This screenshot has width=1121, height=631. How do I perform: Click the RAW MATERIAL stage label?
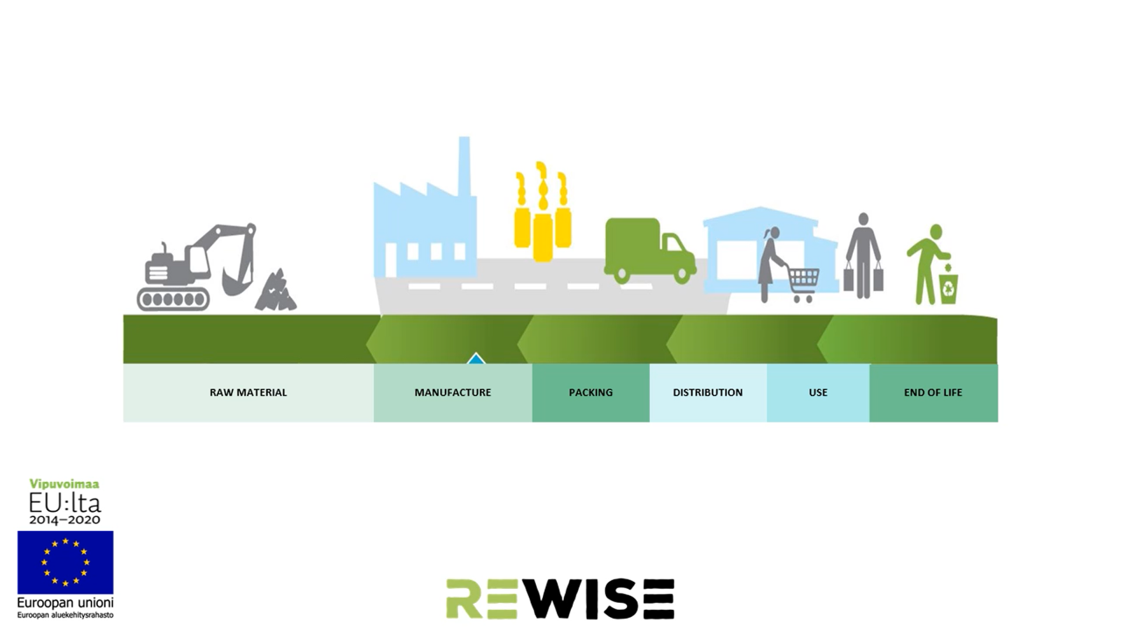248,393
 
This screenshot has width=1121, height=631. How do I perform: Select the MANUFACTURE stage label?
452,393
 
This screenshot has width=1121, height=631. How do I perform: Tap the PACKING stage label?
590,393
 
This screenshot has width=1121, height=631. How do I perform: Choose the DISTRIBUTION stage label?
708,393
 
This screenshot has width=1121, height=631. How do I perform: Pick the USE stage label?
818,393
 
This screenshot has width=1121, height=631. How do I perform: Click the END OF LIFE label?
933,393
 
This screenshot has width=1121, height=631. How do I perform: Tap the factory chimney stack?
464,167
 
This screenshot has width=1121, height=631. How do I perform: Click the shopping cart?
802,282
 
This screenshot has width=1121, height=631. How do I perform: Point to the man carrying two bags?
864,256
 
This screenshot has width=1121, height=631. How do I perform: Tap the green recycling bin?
948,287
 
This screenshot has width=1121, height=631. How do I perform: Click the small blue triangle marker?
476,358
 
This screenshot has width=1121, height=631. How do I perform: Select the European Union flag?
66,562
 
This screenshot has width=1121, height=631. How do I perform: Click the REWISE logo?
560,599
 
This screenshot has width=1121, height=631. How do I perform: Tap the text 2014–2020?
65,520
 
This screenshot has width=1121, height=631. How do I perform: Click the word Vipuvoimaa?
65,484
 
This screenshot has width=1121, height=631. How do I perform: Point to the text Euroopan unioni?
65,602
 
